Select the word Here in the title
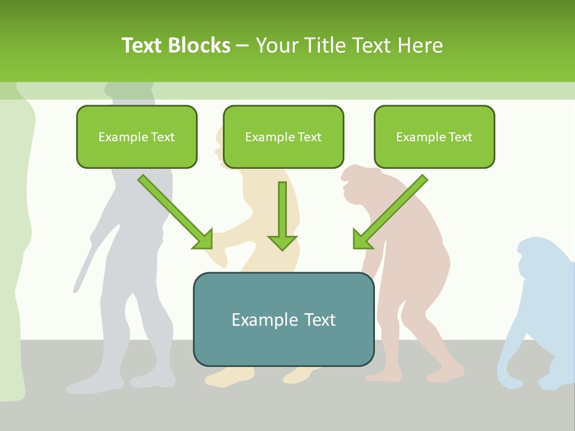(x=421, y=45)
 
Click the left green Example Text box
(x=137, y=136)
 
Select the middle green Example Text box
(x=283, y=136)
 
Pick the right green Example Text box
(x=434, y=136)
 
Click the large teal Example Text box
(x=283, y=320)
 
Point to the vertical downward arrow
(x=282, y=215)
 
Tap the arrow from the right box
(x=390, y=212)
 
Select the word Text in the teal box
(x=319, y=320)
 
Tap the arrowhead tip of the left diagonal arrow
(x=211, y=247)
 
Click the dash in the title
(x=243, y=46)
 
